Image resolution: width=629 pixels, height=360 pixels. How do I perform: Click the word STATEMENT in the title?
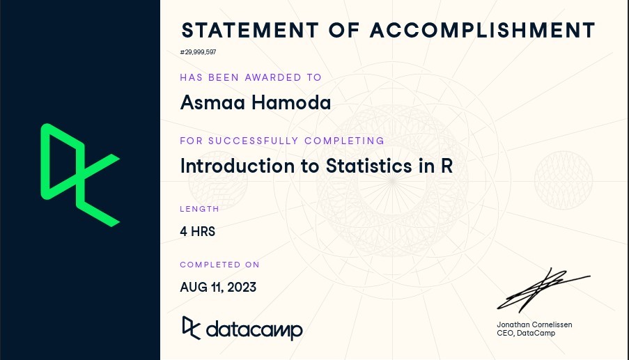(250, 30)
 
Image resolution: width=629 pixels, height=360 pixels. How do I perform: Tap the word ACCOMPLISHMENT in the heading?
(483, 30)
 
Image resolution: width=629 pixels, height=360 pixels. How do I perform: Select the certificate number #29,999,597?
(198, 52)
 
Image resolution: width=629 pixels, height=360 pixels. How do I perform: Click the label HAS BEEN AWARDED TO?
(251, 77)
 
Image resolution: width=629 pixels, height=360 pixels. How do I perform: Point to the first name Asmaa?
(212, 102)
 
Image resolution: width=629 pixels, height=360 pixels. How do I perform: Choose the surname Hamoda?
(291, 102)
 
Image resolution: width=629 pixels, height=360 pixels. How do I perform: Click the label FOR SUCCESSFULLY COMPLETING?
(282, 141)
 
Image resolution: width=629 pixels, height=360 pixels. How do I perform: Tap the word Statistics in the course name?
(368, 166)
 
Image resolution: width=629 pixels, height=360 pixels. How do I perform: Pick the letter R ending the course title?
(447, 166)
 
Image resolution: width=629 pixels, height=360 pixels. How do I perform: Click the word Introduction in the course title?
(238, 166)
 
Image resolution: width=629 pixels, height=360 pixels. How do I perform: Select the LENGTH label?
(199, 209)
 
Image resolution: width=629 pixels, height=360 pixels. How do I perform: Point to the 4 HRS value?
(198, 231)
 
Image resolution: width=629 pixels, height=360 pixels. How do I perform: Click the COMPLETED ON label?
(220, 265)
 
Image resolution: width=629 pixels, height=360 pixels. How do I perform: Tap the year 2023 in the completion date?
(242, 287)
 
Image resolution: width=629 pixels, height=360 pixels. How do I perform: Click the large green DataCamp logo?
(80, 175)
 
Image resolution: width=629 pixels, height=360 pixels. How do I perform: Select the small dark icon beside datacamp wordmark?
(191, 328)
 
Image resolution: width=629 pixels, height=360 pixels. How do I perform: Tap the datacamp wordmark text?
(254, 330)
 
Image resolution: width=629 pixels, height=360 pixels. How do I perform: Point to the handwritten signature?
(543, 290)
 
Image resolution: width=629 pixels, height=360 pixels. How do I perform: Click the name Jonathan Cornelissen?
(534, 324)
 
